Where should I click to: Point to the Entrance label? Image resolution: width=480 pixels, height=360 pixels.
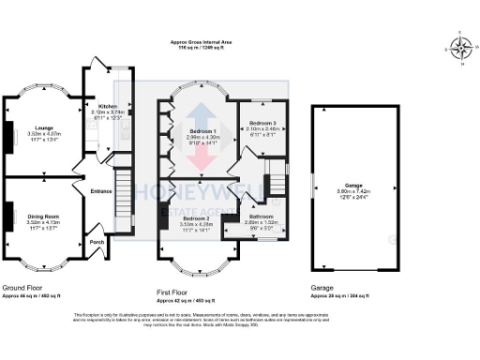[101, 191]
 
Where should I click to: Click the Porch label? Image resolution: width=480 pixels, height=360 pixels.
[96, 241]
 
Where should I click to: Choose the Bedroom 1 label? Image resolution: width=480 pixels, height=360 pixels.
[202, 130]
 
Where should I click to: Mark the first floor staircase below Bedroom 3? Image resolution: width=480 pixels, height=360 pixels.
[276, 178]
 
